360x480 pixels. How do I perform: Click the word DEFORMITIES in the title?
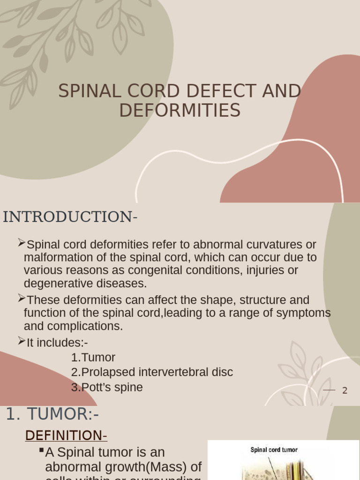[x=180, y=110]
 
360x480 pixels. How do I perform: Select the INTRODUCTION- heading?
[x=70, y=217]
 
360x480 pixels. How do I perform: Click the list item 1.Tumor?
[x=93, y=357]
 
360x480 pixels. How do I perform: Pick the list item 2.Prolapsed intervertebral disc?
[x=152, y=372]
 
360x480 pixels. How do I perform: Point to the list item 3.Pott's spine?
[x=107, y=387]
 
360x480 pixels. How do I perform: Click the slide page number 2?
[x=345, y=390]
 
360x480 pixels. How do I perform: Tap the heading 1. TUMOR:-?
[x=52, y=414]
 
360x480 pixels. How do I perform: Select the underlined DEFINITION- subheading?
[x=66, y=435]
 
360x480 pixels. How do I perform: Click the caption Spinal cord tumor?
[x=274, y=450]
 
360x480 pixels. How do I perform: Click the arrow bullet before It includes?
[x=21, y=341]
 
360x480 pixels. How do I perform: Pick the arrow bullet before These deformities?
[x=21, y=298]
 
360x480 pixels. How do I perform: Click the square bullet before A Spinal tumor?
[x=41, y=450]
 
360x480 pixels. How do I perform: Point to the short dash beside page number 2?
[x=330, y=390]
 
